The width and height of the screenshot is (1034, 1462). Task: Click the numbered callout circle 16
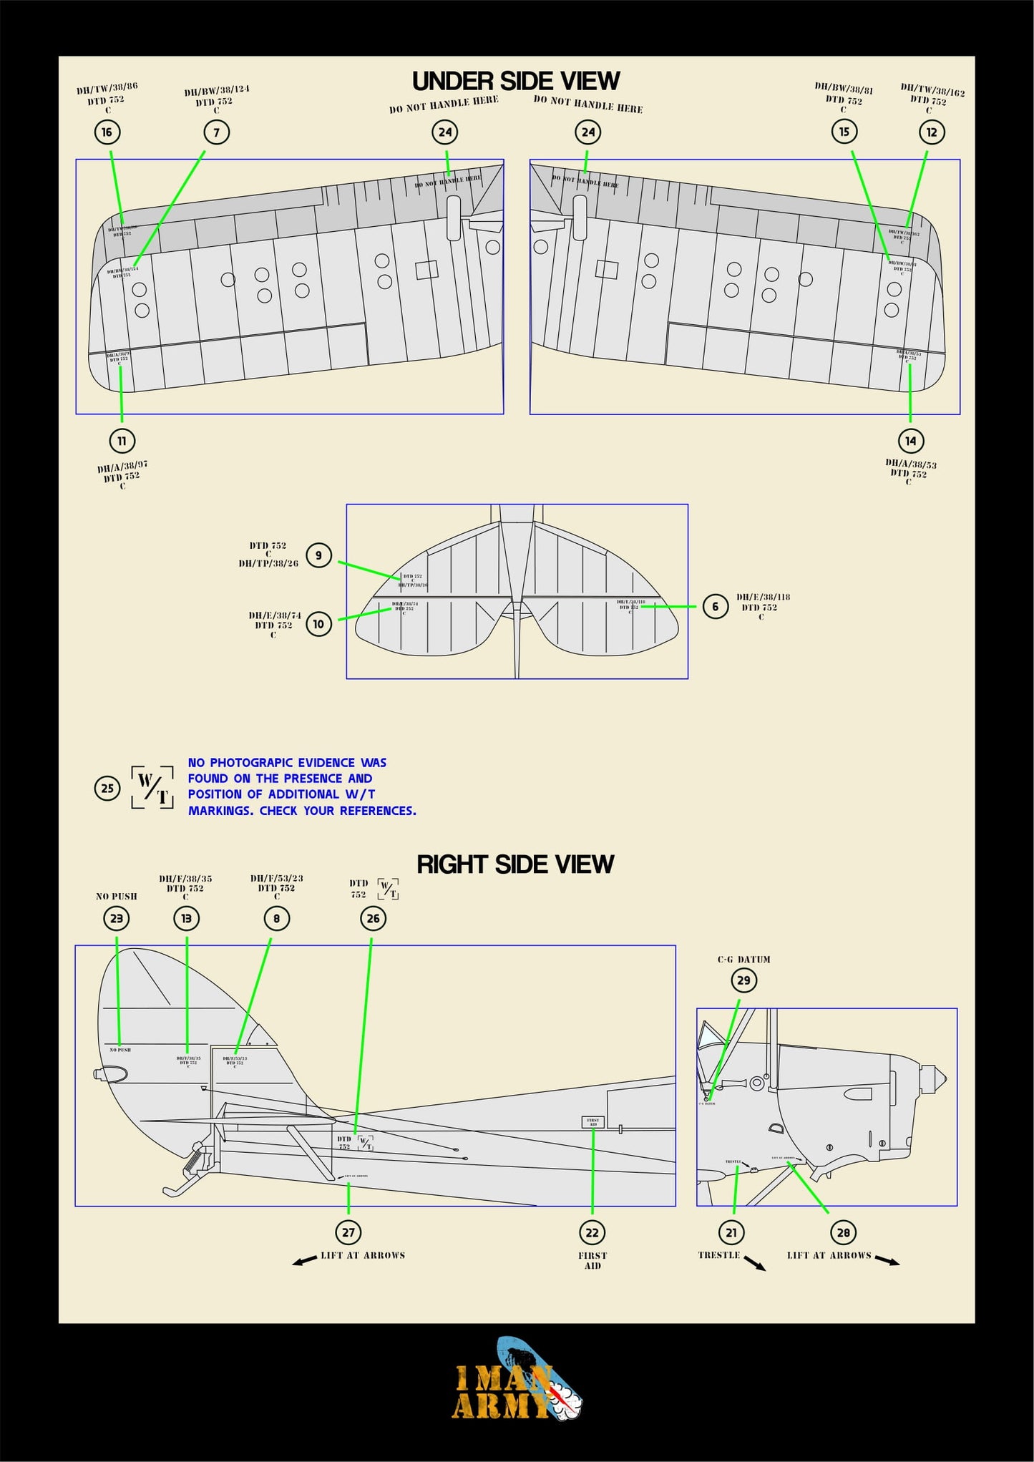pyautogui.click(x=107, y=132)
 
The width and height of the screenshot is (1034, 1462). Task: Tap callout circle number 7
pyautogui.click(x=216, y=132)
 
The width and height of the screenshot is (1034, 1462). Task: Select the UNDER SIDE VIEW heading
pyautogui.click(x=515, y=81)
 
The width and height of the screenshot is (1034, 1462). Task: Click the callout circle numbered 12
pyautogui.click(x=931, y=132)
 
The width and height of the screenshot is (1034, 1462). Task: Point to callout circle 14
pyautogui.click(x=910, y=441)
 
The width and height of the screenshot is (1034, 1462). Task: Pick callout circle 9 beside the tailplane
pyautogui.click(x=318, y=555)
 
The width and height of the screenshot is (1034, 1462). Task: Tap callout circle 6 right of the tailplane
pyautogui.click(x=715, y=606)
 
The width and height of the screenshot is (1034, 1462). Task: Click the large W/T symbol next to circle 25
pyautogui.click(x=152, y=787)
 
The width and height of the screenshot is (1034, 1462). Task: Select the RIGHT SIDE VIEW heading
pyautogui.click(x=515, y=864)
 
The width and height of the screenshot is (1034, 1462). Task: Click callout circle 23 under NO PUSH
pyautogui.click(x=117, y=918)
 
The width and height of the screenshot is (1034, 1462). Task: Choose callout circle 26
pyautogui.click(x=373, y=918)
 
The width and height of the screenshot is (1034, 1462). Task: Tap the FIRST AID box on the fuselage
pyautogui.click(x=592, y=1122)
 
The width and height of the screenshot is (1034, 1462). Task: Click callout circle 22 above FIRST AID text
pyautogui.click(x=592, y=1232)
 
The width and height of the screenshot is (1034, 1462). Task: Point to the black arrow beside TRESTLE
pyautogui.click(x=754, y=1263)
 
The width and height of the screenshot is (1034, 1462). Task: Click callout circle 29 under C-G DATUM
pyautogui.click(x=743, y=980)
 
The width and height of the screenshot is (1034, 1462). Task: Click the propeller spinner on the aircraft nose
pyautogui.click(x=933, y=1076)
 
